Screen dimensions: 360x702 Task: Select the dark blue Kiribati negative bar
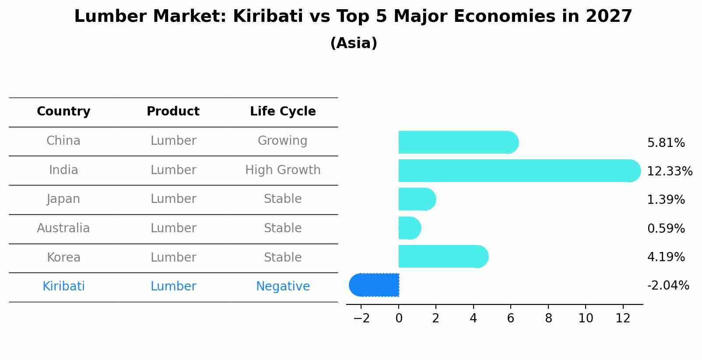tap(375, 285)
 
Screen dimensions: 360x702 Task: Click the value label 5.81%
tap(666, 143)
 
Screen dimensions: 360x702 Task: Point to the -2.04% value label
tap(668, 285)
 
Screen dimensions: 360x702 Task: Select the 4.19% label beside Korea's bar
tap(666, 257)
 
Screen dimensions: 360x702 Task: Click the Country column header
tap(63, 112)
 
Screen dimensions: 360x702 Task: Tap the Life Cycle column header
tap(283, 112)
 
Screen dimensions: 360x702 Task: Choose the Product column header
tap(173, 112)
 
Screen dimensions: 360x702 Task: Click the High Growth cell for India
tap(283, 170)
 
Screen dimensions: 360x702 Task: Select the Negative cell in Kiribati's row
tap(283, 287)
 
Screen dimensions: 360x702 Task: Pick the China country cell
tap(63, 141)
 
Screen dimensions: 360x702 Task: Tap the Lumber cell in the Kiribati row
tap(173, 287)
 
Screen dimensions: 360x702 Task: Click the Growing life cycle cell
tap(282, 141)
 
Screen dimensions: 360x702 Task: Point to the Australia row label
tap(63, 228)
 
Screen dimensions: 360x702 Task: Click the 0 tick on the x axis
tap(399, 318)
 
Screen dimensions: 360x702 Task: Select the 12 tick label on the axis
tap(623, 318)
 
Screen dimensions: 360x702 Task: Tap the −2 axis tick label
tap(362, 318)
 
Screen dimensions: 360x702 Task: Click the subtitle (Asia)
tap(354, 43)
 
